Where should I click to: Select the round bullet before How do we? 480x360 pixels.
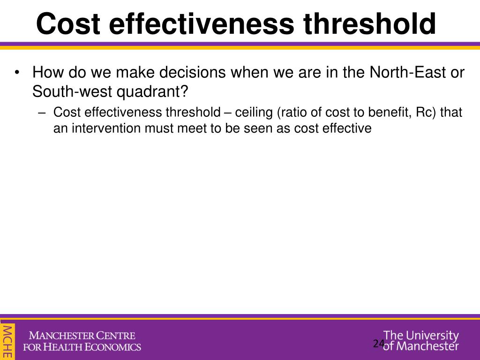point(17,73)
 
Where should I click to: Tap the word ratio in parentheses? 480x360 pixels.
point(294,112)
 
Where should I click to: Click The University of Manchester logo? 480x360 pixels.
point(421,341)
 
